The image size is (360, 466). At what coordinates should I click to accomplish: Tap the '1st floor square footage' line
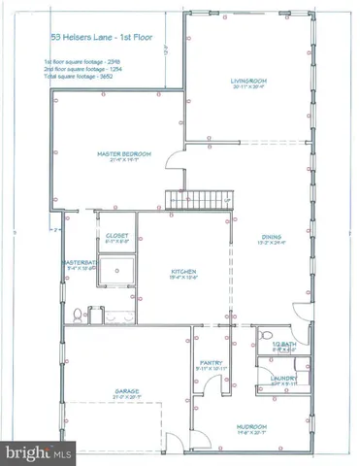82,62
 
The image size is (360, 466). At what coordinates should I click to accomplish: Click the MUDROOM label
251,426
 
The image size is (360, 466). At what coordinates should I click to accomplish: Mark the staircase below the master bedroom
198,200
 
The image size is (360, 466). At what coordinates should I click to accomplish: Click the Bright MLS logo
39,453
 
